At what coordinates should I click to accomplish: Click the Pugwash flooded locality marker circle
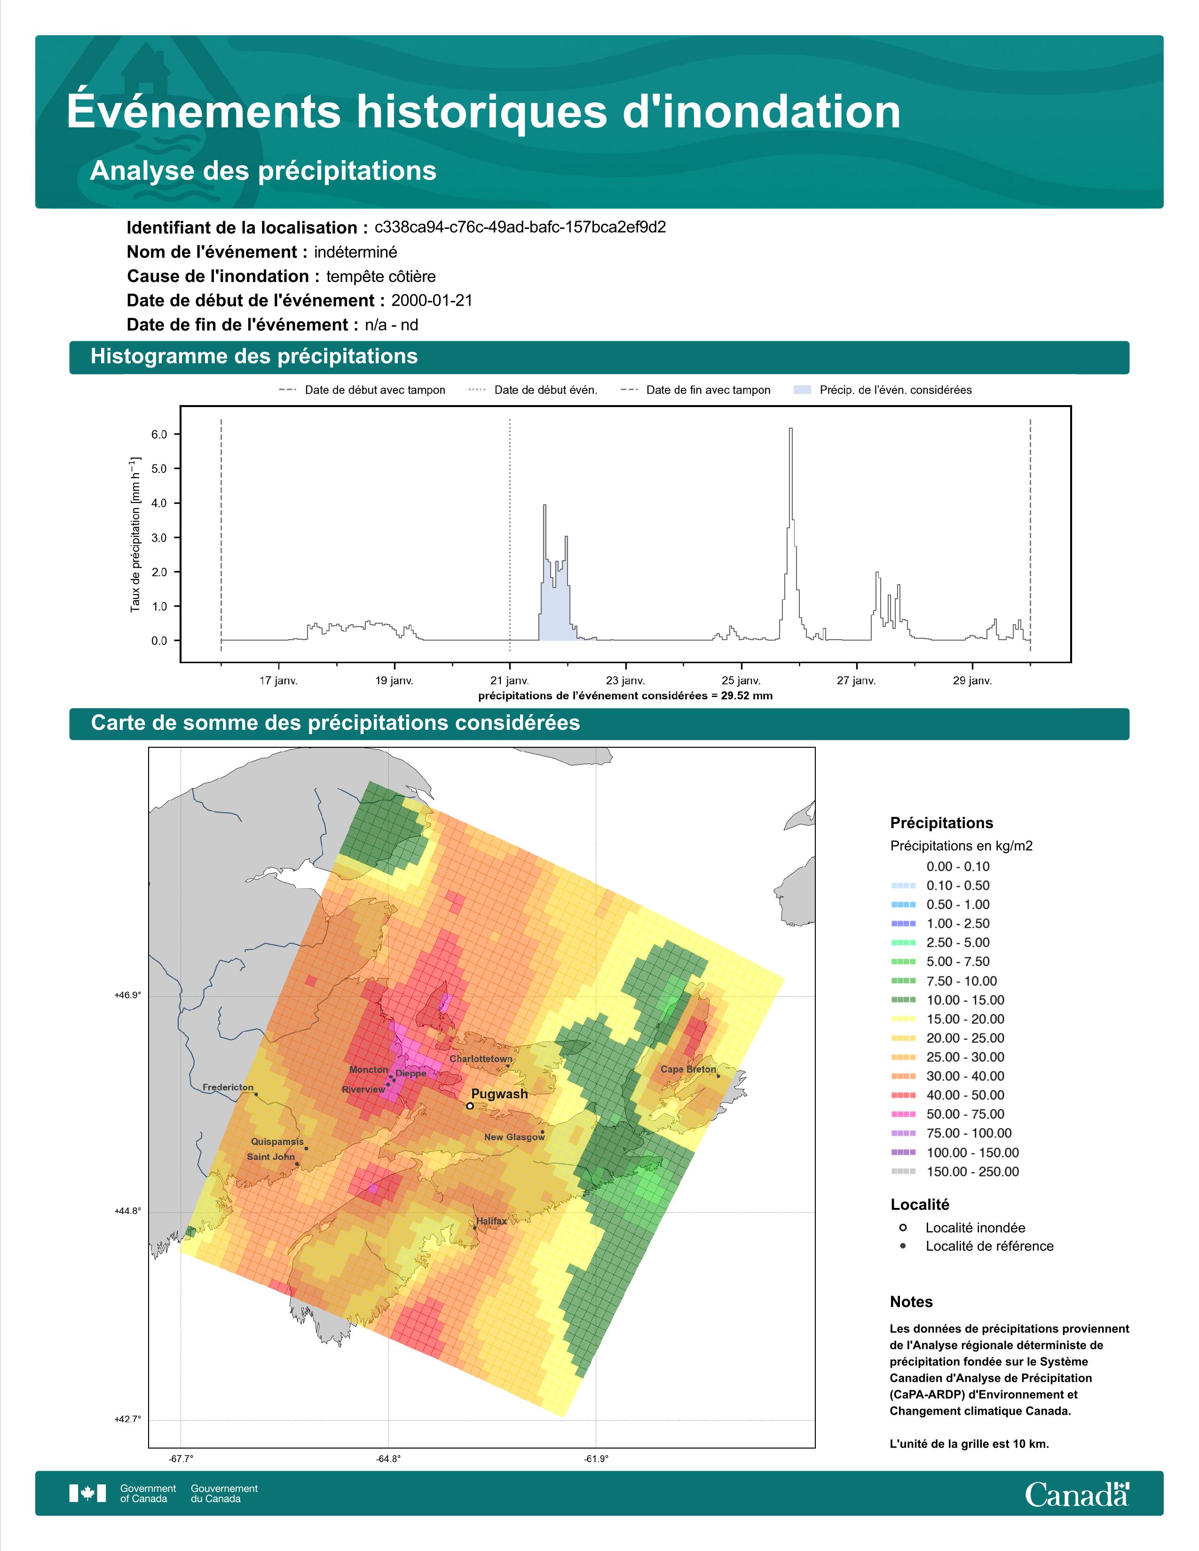tap(470, 1106)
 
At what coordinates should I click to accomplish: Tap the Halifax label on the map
tap(491, 1221)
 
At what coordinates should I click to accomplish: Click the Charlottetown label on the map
tap(481, 1059)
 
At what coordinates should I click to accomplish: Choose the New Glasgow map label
tap(514, 1137)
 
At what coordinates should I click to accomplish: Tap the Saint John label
tap(271, 1157)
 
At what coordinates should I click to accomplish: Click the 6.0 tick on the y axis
tap(159, 435)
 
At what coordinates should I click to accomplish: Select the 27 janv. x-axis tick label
tap(856, 681)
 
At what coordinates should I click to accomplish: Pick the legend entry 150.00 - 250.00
tap(954, 1172)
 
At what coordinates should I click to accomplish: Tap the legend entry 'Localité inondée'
tap(962, 1228)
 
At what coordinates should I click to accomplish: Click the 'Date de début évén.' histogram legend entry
tap(534, 390)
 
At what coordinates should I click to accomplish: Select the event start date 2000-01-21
tap(432, 300)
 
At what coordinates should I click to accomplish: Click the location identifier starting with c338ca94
tap(520, 227)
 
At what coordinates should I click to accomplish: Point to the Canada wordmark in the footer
tap(1077, 1495)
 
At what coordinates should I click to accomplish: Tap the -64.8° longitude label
tap(388, 1459)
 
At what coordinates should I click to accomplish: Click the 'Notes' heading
tap(911, 1302)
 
